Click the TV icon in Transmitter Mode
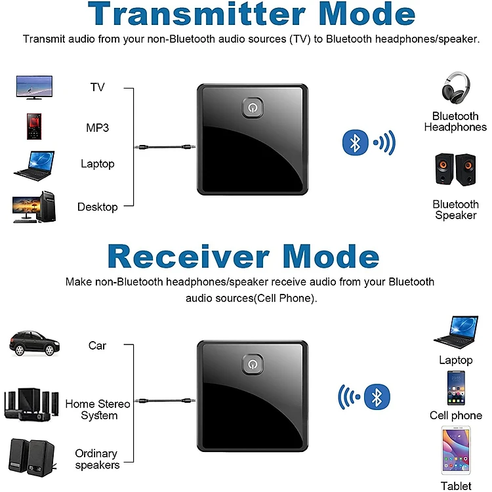click(x=33, y=88)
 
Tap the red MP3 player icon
click(x=34, y=126)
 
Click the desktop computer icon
click(x=33, y=207)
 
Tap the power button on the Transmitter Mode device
click(x=252, y=108)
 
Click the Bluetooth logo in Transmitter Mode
click(x=355, y=142)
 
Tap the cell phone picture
click(x=456, y=388)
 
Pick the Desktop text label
click(x=97, y=207)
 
